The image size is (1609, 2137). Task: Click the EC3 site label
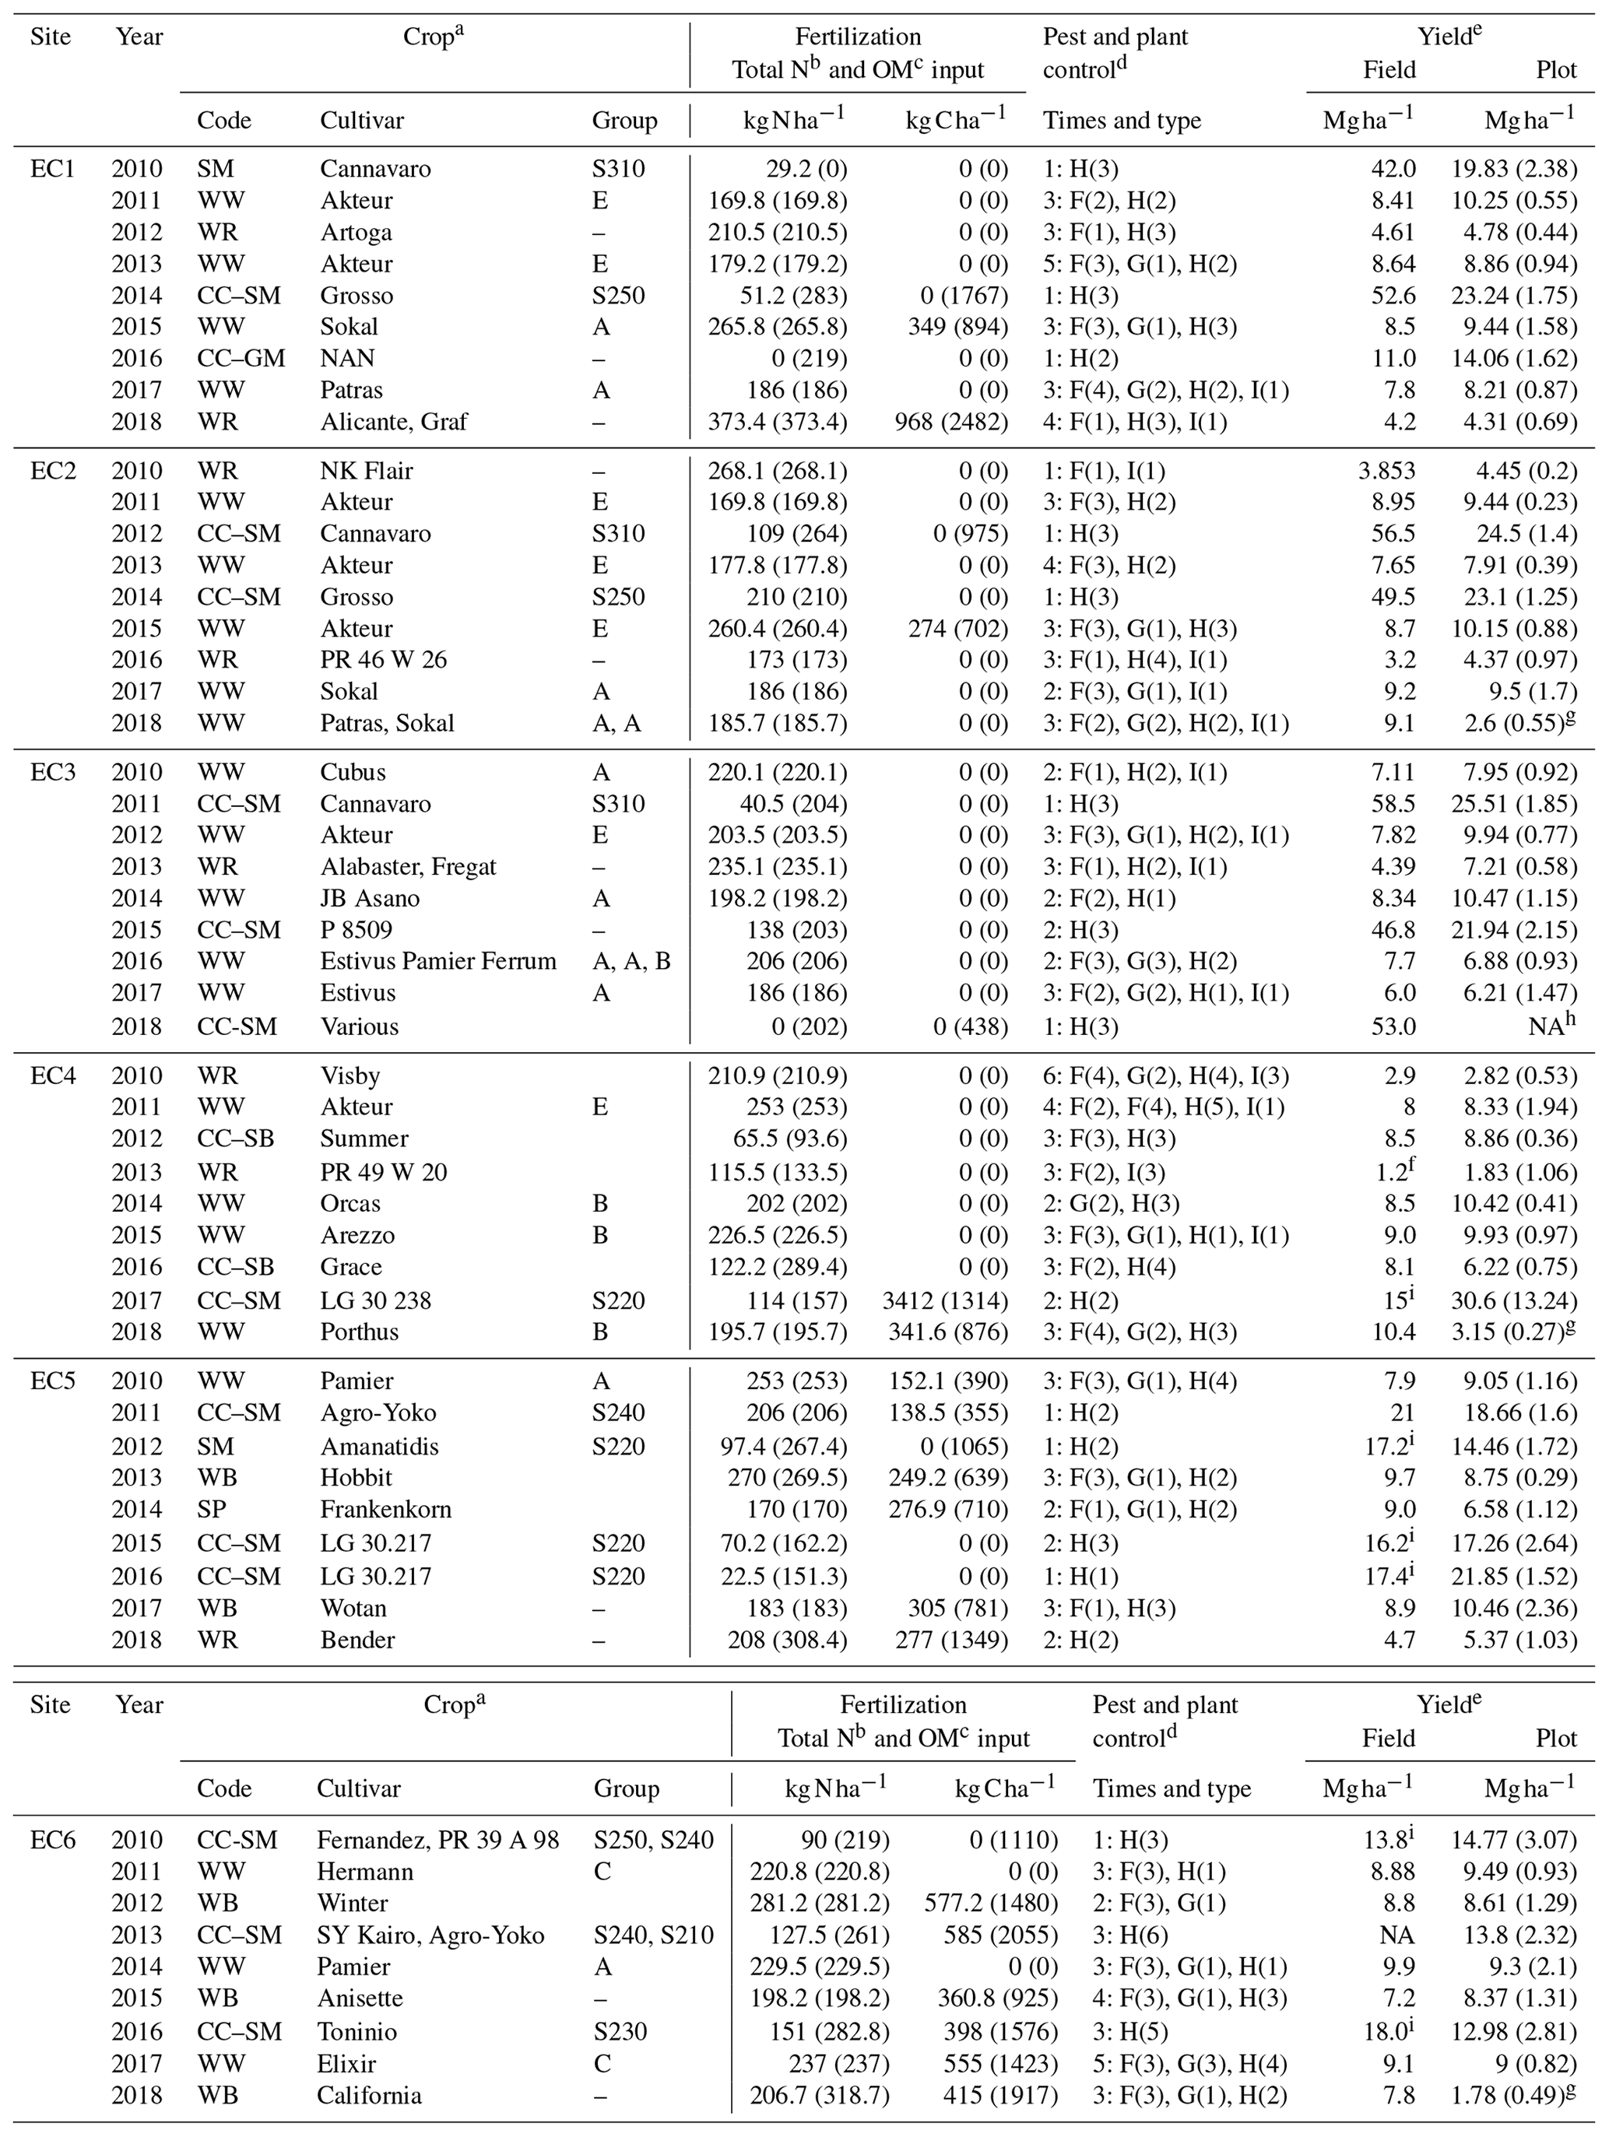(x=51, y=772)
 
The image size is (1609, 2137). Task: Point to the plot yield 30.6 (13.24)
(x=1521, y=1300)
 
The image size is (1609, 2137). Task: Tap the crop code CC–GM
(x=241, y=359)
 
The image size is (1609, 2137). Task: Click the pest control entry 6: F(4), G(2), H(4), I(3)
(x=1165, y=1076)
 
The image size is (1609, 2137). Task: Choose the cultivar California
(x=369, y=2096)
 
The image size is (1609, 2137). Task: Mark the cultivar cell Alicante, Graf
(x=393, y=421)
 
